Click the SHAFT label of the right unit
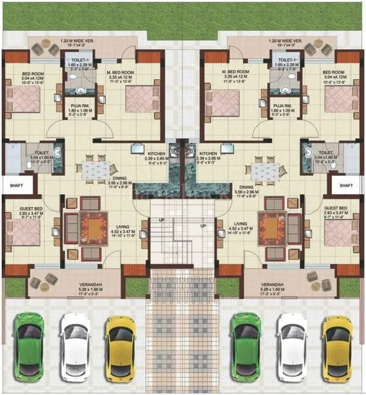pyautogui.click(x=346, y=185)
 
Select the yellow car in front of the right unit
pyautogui.click(x=335, y=345)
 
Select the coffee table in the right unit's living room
pyautogui.click(x=271, y=229)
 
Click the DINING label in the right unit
pyautogui.click(x=246, y=187)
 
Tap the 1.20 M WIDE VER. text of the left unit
pyautogui.click(x=76, y=42)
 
